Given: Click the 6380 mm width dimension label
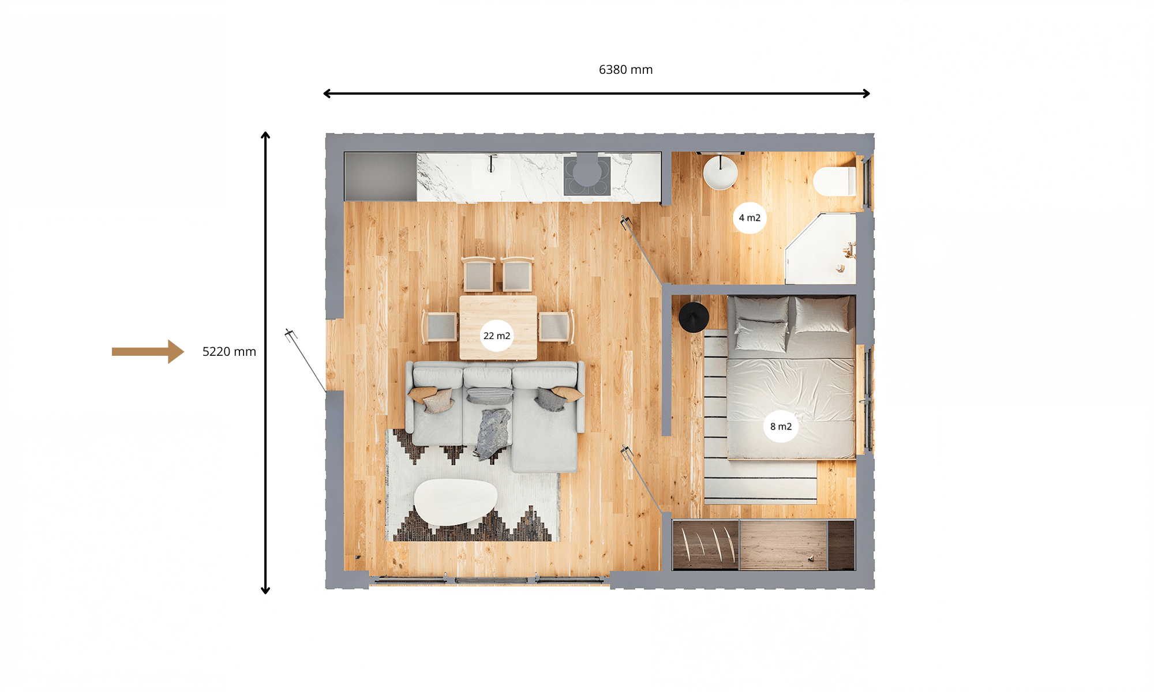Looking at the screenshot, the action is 625,70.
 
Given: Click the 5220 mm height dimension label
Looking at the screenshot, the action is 229,352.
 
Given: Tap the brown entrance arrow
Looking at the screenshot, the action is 148,351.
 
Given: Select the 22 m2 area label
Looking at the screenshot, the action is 497,336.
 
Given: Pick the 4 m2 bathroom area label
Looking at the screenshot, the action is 750,217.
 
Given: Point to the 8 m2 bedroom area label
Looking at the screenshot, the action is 781,426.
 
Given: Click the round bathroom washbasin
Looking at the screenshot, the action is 720,172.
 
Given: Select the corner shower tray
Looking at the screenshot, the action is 820,249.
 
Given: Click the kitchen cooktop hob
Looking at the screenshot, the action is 587,176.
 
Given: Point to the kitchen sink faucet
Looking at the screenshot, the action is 492,163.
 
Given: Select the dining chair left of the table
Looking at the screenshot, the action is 440,327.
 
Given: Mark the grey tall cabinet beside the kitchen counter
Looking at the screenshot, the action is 380,176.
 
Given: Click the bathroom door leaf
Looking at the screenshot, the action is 642,250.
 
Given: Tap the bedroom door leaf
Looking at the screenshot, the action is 642,480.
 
